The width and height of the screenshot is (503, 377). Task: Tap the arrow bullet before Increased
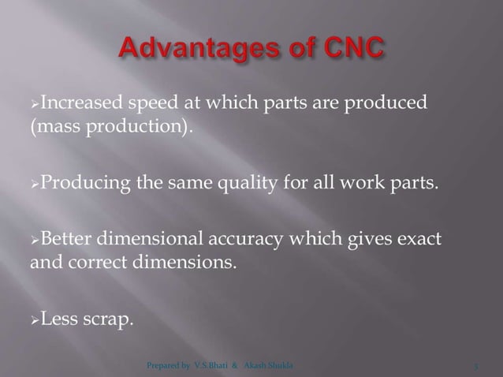click(34, 103)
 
